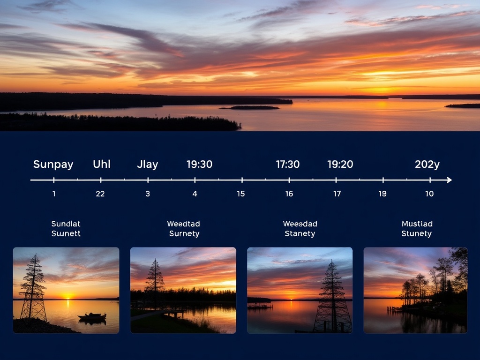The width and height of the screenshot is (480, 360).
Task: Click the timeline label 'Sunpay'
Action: point(53,165)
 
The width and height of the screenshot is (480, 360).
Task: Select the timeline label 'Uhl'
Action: point(101,165)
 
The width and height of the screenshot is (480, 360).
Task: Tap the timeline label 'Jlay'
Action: point(147,165)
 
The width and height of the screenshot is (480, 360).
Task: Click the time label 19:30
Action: point(199,165)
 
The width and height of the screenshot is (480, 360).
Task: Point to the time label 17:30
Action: point(287,165)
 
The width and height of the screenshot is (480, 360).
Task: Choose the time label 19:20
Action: point(340,165)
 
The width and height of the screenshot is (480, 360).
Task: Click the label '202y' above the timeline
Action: point(427,165)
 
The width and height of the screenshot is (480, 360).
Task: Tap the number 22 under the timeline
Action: point(100,194)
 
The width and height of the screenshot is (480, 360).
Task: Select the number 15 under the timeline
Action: point(240,194)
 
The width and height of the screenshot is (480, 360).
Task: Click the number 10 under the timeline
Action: point(429,194)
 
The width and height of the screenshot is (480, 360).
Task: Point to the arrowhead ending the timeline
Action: point(449,180)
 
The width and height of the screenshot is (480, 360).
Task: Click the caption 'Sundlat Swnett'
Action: point(66,229)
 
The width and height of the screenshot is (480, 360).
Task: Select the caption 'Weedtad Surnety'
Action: point(184,229)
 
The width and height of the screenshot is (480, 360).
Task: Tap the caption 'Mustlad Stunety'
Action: point(417,229)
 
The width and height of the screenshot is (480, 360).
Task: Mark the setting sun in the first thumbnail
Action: point(68,296)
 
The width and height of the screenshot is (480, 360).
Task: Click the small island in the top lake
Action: point(250,107)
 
